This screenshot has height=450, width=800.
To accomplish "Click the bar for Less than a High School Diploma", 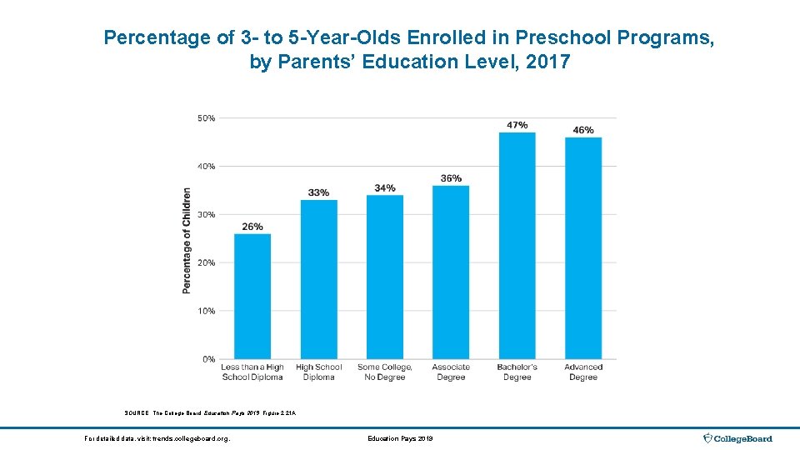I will pyautogui.click(x=252, y=296).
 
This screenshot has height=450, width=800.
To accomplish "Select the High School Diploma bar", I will pyautogui.click(x=318, y=279).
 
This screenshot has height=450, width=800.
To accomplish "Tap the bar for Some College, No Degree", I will pyautogui.click(x=384, y=277).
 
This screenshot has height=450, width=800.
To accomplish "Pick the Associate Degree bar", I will pyautogui.click(x=451, y=272).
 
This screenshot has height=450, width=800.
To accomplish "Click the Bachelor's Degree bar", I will pyautogui.click(x=517, y=245).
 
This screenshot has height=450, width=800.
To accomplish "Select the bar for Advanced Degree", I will pyautogui.click(x=583, y=247).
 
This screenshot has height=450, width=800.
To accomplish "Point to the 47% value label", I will pyautogui.click(x=517, y=125).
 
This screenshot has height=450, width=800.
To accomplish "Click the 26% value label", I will pyautogui.click(x=252, y=227).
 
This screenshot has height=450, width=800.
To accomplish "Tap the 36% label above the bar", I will pyautogui.click(x=451, y=178).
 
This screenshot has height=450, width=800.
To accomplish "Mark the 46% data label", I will pyautogui.click(x=583, y=130).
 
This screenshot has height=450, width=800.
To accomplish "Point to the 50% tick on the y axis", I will pyautogui.click(x=206, y=118).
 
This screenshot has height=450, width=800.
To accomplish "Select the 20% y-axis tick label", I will pyautogui.click(x=206, y=262).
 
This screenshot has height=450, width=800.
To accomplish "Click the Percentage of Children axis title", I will pyautogui.click(x=187, y=240).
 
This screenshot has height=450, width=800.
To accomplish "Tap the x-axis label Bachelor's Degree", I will pyautogui.click(x=517, y=372).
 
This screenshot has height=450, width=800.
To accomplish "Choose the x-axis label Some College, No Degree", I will pyautogui.click(x=384, y=372).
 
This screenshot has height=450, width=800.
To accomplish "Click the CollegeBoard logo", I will pyautogui.click(x=737, y=438).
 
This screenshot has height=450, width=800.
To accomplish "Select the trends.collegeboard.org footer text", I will pyautogui.click(x=157, y=438).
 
